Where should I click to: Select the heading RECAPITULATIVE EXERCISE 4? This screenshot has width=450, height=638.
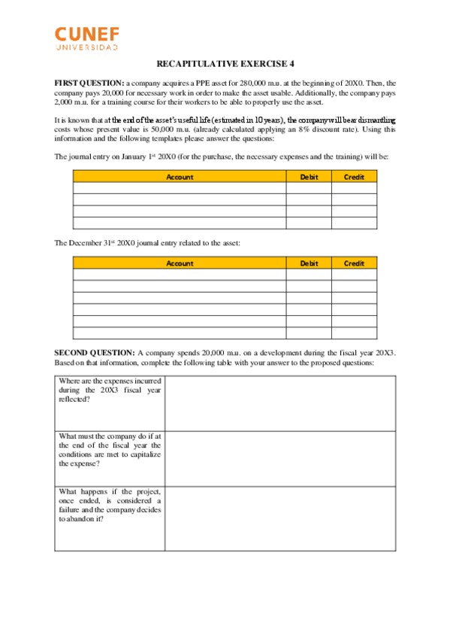pyautogui.click(x=225, y=65)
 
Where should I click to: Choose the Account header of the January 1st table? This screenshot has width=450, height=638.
pyautogui.click(x=180, y=177)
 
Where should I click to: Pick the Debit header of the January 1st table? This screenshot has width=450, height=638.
pyautogui.click(x=309, y=177)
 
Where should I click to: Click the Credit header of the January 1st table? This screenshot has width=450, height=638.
pyautogui.click(x=354, y=177)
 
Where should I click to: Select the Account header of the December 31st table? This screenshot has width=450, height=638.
pyautogui.click(x=180, y=263)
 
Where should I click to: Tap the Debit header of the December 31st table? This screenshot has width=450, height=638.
pyautogui.click(x=309, y=263)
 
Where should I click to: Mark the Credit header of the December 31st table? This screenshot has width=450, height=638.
pyautogui.click(x=354, y=263)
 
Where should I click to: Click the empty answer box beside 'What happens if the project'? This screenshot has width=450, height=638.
pyautogui.click(x=280, y=518)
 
